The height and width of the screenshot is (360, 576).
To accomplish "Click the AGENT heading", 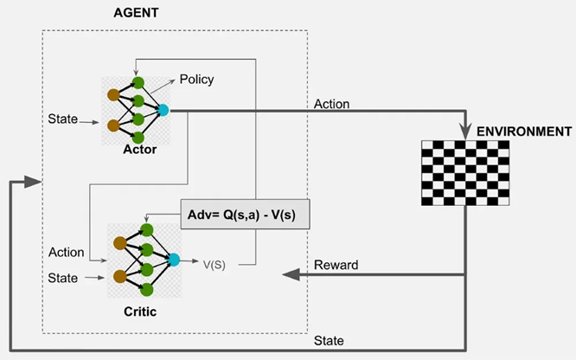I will [x=137, y=14].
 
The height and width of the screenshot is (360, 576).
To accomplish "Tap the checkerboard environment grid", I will [x=465, y=173].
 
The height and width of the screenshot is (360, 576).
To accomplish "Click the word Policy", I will [x=196, y=80].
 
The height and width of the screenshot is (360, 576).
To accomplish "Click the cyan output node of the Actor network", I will [x=163, y=110].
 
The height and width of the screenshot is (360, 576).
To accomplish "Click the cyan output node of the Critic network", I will [x=174, y=259].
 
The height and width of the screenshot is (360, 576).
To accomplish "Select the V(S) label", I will [x=214, y=265].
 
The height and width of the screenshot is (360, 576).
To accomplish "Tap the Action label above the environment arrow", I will [x=332, y=104].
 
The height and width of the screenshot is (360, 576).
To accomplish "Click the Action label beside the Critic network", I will [x=67, y=253].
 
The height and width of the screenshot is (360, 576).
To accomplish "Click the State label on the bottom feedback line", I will [x=331, y=340].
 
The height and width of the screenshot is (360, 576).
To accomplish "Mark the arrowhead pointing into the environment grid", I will [x=465, y=132].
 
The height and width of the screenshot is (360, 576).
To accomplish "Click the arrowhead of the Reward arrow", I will [x=289, y=275].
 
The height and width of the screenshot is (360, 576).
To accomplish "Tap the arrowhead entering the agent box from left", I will [x=33, y=183].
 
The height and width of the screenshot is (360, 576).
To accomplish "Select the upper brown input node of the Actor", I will [x=112, y=94].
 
